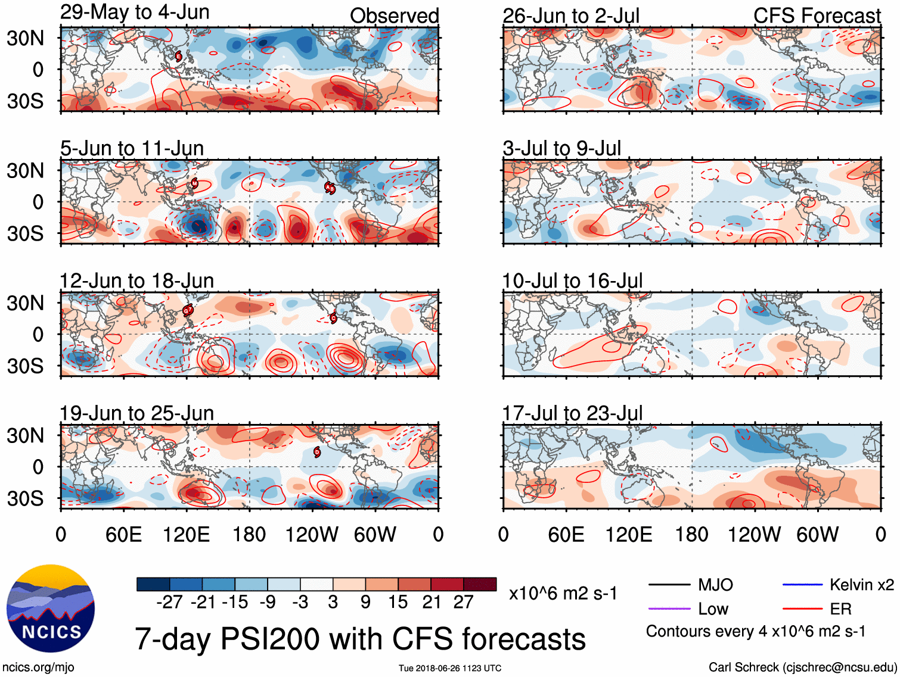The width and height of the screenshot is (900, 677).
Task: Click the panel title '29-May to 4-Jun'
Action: (135, 12)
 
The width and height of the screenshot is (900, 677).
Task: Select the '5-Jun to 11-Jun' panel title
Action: (132, 148)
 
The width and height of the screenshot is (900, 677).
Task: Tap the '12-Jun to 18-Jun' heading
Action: (136, 280)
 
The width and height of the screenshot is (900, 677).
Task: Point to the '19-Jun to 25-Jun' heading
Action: (136, 413)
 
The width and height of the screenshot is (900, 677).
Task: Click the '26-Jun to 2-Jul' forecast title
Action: (570, 16)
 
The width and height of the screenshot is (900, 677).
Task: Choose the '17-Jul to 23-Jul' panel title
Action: (572, 413)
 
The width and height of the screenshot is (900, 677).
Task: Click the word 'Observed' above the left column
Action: (394, 16)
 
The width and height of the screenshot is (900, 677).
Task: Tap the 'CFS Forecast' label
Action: (817, 16)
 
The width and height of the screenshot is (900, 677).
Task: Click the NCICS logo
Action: (51, 608)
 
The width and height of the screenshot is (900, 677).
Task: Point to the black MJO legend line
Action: (669, 585)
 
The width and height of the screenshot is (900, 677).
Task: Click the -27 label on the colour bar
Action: (169, 603)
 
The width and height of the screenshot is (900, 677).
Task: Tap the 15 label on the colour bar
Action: (398, 603)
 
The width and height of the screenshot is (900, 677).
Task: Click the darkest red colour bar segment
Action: (480, 584)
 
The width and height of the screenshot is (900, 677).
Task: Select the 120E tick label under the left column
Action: (186, 534)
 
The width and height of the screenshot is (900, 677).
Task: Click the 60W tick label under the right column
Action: (817, 534)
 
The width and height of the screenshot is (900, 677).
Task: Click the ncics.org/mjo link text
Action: (38, 667)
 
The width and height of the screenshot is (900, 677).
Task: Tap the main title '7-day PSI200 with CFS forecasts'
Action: (360, 638)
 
